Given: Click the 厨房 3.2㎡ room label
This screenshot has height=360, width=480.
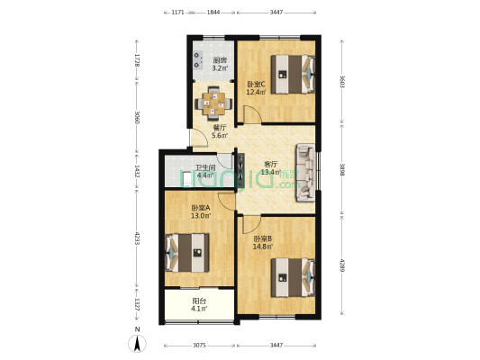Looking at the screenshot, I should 219,64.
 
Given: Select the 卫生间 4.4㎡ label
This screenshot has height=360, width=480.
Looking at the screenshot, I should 204,172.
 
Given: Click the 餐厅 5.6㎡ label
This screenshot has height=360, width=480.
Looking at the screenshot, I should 220,131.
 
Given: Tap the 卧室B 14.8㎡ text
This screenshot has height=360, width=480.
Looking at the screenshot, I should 263,242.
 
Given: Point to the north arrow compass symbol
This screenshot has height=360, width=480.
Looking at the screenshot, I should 137,343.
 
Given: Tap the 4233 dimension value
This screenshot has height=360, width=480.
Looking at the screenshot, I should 137,240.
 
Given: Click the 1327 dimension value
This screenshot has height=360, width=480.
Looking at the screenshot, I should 137,301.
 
